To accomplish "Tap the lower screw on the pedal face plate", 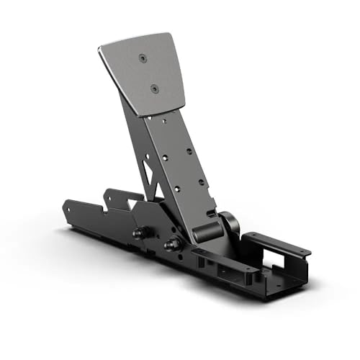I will coord(153,89).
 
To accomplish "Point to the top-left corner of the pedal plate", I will coord(100,49).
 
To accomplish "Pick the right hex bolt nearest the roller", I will coord(172,245).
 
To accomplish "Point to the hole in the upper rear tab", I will coord(109,193).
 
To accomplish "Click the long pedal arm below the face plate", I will coord(173,158).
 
